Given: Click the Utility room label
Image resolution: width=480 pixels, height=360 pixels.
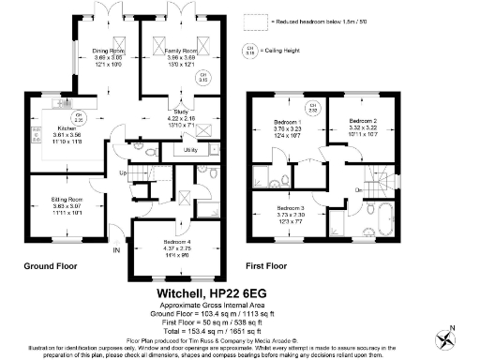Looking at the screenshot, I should (x=189, y=150).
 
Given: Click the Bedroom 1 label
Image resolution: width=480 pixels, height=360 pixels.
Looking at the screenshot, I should (x=288, y=123).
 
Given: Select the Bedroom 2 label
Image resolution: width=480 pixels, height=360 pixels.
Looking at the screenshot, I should (x=364, y=122).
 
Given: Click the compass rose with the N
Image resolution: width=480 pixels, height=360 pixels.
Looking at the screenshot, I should (x=450, y=333).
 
